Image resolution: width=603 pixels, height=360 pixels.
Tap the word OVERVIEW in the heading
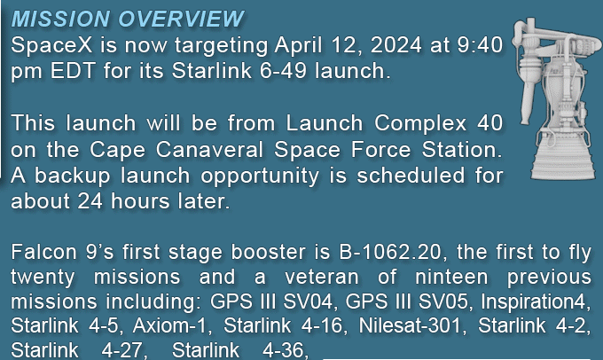(181, 19)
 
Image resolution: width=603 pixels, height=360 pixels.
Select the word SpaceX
(51, 45)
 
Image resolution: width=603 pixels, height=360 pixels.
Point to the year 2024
(396, 45)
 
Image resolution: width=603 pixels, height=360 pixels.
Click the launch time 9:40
(480, 45)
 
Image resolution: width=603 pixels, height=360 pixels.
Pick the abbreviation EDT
(73, 71)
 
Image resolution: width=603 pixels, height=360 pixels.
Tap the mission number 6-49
(283, 71)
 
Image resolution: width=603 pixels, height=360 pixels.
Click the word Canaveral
(209, 149)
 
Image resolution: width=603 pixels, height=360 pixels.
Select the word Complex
(420, 124)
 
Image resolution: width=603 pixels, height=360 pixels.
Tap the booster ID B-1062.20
(390, 253)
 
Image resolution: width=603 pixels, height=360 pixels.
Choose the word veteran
(322, 277)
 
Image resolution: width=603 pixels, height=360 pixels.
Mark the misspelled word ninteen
(451, 277)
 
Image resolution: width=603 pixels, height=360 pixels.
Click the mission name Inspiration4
(536, 301)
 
